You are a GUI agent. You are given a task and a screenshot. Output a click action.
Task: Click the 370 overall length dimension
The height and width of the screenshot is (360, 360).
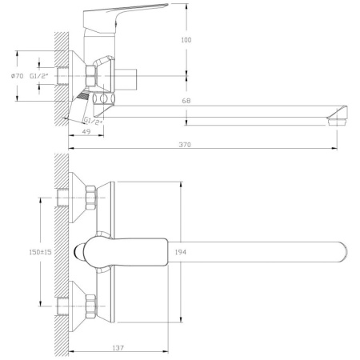point(185,145)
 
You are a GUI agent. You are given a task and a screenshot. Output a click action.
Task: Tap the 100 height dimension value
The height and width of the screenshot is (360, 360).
point(186,40)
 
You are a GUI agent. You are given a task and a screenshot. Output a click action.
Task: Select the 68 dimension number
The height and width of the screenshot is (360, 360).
point(186,101)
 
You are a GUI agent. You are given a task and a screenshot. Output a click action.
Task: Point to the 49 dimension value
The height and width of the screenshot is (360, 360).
point(86,131)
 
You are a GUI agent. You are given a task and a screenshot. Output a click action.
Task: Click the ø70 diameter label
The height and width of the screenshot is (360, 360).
point(18,76)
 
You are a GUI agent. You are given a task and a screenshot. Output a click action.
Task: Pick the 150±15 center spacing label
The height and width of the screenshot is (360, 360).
point(40,252)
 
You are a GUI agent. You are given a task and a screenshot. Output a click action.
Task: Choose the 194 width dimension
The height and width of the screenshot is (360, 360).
point(181,252)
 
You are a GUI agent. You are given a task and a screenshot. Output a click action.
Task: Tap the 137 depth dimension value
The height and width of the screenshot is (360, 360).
point(118,348)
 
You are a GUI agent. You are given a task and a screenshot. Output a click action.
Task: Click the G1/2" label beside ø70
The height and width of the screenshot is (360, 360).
point(39,76)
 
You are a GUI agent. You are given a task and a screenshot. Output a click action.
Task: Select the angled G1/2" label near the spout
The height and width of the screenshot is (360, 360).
point(93,121)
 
